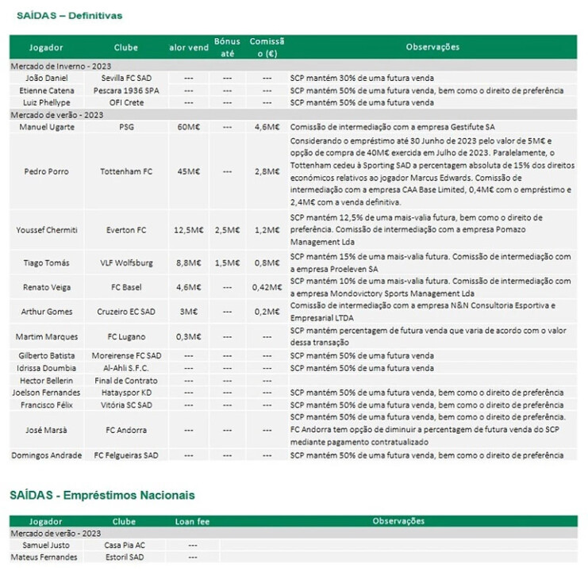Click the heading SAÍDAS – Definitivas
point(66,16)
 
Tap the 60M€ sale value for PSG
point(189,126)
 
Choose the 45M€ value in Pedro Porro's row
point(189,171)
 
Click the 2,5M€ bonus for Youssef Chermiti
point(227,230)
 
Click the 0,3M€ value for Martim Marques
point(189,337)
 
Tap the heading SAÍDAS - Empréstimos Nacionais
point(102,495)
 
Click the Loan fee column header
point(192,521)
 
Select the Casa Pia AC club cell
point(125,545)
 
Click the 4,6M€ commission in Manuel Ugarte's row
point(267,126)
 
